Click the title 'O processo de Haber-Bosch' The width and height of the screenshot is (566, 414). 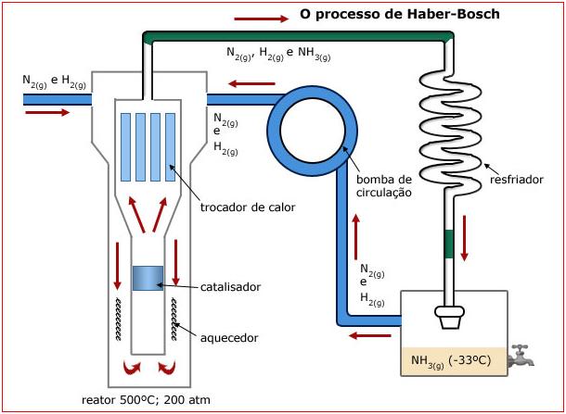[x=399, y=15]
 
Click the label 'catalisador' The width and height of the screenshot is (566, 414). [x=230, y=287]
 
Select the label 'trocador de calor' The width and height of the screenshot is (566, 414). [x=248, y=207]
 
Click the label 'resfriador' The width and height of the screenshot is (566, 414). [x=517, y=180]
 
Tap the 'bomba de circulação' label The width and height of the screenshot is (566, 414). [x=383, y=185]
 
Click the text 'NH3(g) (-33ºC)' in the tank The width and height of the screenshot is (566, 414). [x=452, y=359]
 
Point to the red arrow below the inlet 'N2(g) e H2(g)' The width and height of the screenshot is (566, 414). [x=47, y=113]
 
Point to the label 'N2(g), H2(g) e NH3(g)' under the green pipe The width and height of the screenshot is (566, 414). [x=278, y=54]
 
